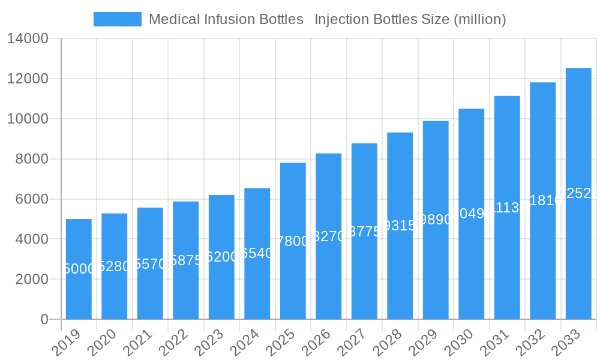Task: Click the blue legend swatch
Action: coord(118,19)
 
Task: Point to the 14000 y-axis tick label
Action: coord(28,39)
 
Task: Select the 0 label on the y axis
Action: coord(44,319)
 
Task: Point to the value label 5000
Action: coord(79,269)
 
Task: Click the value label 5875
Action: coord(186,260)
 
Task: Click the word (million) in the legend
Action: coord(479,19)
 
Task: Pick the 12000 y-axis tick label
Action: coord(28,79)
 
